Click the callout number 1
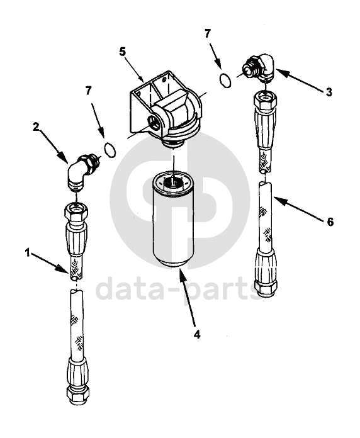pyautogui.click(x=27, y=253)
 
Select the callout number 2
pyautogui.click(x=36, y=127)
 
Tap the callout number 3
pyautogui.click(x=329, y=92)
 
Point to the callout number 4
pyautogui.click(x=197, y=334)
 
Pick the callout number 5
pyautogui.click(x=123, y=52)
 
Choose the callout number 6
pyautogui.click(x=330, y=222)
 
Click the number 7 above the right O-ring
pyautogui.click(x=207, y=34)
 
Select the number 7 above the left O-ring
pyautogui.click(x=89, y=91)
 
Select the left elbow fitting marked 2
pyautogui.click(x=80, y=172)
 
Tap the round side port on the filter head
pyautogui.click(x=154, y=123)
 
